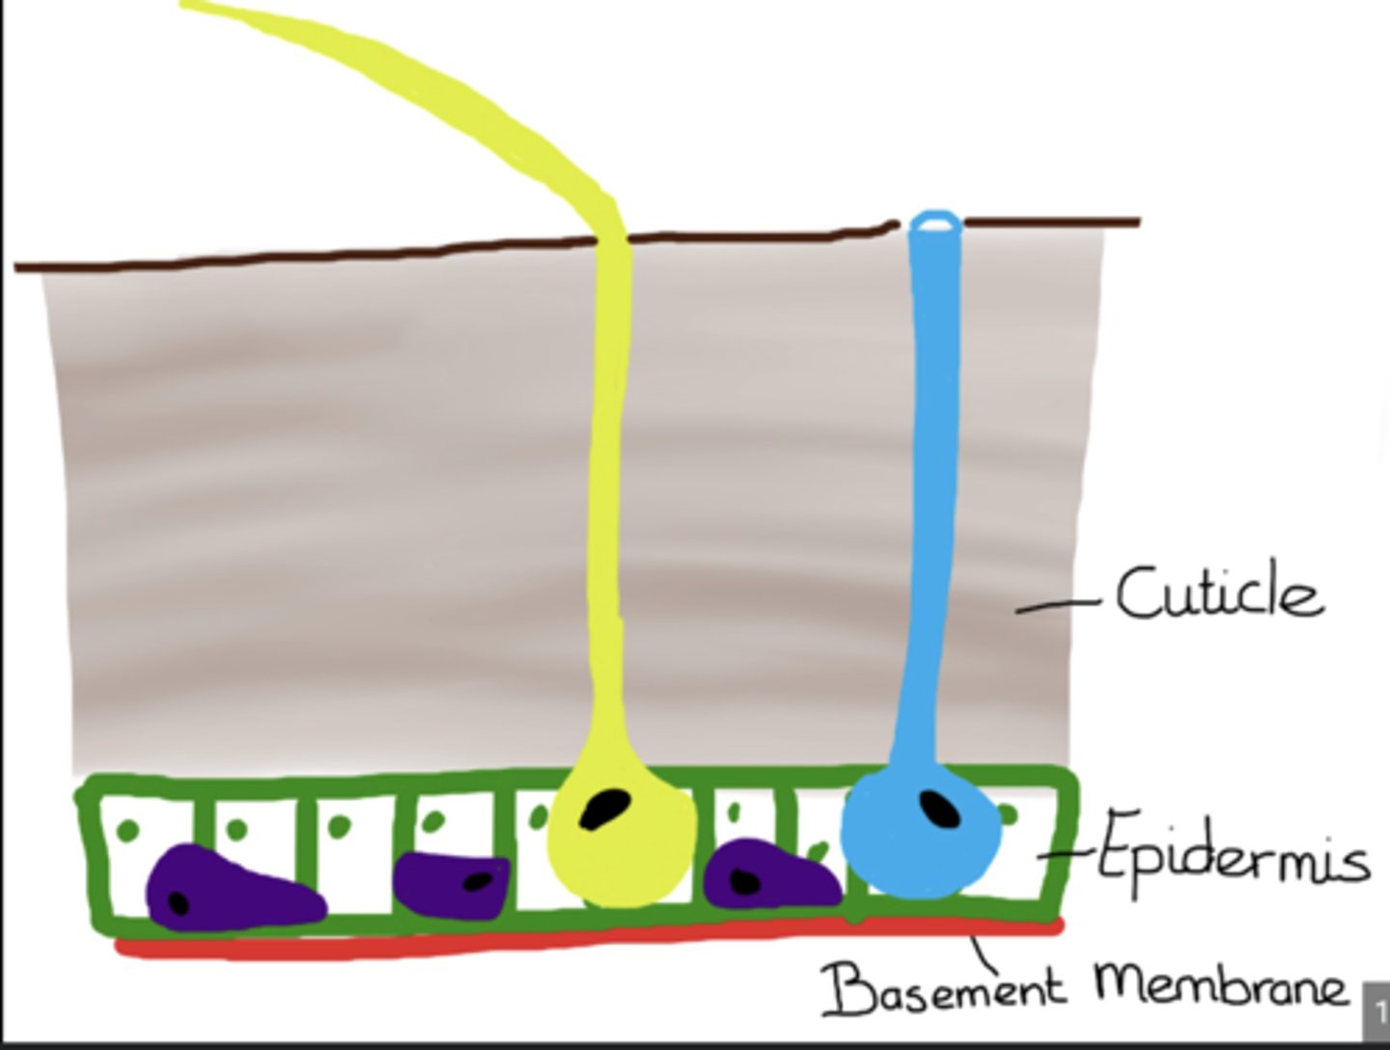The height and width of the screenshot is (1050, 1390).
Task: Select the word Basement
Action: (x=944, y=987)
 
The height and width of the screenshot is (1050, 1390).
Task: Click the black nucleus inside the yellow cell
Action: (x=605, y=809)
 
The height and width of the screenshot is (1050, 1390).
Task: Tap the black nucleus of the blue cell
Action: (x=939, y=808)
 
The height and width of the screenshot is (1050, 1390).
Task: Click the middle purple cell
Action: (x=451, y=881)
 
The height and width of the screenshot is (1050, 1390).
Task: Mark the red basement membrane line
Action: (x=579, y=941)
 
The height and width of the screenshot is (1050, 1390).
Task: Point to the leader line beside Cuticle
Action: (x=1056, y=606)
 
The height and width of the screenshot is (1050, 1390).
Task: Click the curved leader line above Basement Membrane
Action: (x=986, y=954)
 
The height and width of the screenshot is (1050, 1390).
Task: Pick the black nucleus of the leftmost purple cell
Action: (x=178, y=902)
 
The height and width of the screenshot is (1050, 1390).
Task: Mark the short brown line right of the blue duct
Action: (x=1052, y=223)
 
